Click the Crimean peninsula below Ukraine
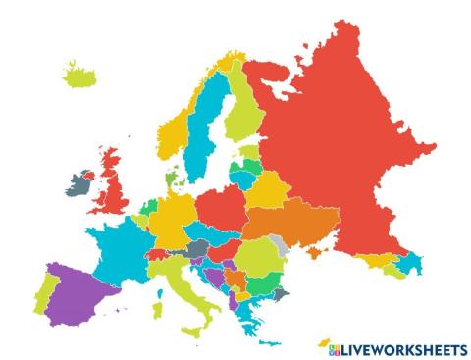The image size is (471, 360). (x=312, y=257)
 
